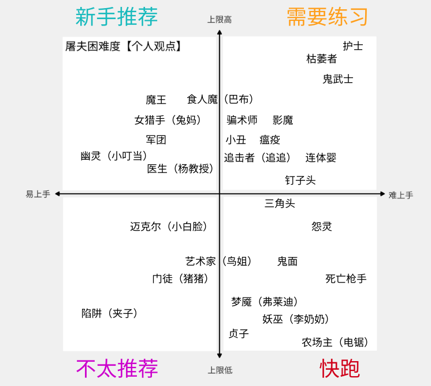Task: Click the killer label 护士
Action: pyautogui.click(x=352, y=46)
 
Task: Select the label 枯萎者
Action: pyautogui.click(x=321, y=58)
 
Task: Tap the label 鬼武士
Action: pyautogui.click(x=337, y=79)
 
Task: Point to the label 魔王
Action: pyautogui.click(x=156, y=100)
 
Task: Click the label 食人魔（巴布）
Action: pyautogui.click(x=221, y=100)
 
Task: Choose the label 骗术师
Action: pyautogui.click(x=242, y=120)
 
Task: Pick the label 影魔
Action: pyautogui.click(x=283, y=120)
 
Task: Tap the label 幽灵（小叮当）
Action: pyautogui.click(x=114, y=156)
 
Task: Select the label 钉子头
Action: pyautogui.click(x=300, y=180)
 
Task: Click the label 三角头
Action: pyautogui.click(x=280, y=203)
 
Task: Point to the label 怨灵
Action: pyautogui.click(x=322, y=226)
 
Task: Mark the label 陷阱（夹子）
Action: pyautogui.click(x=110, y=313)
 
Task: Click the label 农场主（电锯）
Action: pyautogui.click(x=335, y=342)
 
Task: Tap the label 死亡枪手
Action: pyautogui.click(x=345, y=278)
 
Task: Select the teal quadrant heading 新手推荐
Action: pyautogui.click(x=116, y=17)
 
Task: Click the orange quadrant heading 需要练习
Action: pyautogui.click(x=328, y=17)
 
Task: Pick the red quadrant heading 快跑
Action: pyautogui.click(x=340, y=368)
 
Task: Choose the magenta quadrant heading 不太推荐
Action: pyautogui.click(x=117, y=368)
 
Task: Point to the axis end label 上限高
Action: pyautogui.click(x=220, y=20)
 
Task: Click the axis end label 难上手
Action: pyautogui.click(x=400, y=195)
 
